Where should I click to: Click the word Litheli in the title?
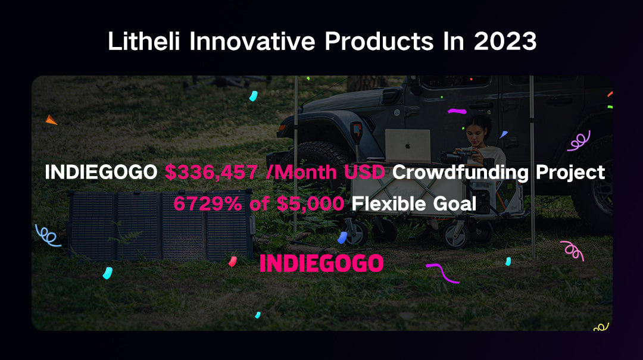143,41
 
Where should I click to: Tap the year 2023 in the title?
505,42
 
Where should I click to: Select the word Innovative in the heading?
252,41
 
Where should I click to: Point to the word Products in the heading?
379,42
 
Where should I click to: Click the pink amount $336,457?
211,172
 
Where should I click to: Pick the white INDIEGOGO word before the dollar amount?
101,172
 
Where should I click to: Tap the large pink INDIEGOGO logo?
321,263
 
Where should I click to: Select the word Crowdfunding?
460,173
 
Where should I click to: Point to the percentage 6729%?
208,204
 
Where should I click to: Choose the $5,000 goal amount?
310,204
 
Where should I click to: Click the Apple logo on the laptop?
408,145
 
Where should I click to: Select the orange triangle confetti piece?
51,120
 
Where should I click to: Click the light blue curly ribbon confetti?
48,236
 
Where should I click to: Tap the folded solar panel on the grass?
161,225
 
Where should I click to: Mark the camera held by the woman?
456,156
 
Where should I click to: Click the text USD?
364,172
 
